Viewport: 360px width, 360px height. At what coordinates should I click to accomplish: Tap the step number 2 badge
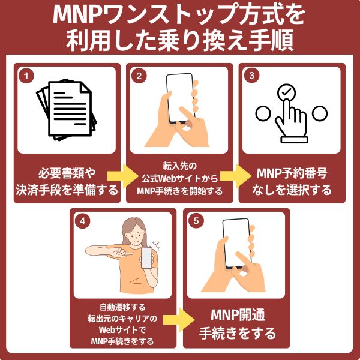(139, 76)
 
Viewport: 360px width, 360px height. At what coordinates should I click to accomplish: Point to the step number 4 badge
(82, 220)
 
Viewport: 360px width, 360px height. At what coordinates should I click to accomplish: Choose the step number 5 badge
(196, 220)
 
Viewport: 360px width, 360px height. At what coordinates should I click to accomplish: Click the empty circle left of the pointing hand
(262, 113)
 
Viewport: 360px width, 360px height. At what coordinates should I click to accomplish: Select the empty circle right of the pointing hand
(318, 113)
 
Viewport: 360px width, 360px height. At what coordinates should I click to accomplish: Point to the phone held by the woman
(146, 257)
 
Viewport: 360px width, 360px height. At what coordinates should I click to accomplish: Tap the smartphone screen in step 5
(236, 243)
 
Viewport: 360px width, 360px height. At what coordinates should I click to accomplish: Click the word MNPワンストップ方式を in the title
(179, 14)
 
